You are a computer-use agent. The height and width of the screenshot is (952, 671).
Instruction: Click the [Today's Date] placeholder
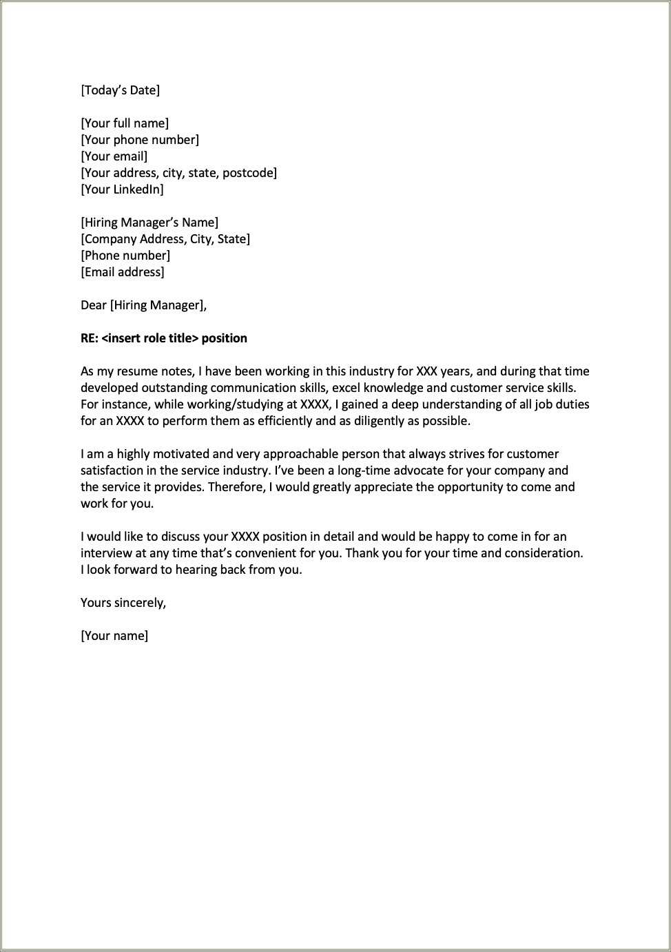(x=120, y=90)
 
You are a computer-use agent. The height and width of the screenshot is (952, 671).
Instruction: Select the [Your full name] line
(x=125, y=123)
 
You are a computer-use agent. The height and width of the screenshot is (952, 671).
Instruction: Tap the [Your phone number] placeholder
(x=140, y=140)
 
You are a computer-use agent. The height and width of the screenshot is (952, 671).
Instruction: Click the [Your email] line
(x=114, y=156)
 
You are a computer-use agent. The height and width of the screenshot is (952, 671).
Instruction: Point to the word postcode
(x=249, y=173)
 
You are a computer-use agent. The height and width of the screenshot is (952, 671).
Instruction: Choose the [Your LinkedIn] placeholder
(x=123, y=189)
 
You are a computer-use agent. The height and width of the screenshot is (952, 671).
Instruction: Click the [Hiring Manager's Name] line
(x=149, y=223)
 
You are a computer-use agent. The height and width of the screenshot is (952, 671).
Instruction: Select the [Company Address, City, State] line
(x=165, y=239)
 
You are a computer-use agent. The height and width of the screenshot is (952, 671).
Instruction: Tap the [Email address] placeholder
(x=123, y=272)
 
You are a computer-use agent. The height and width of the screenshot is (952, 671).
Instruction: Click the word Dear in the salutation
(x=94, y=305)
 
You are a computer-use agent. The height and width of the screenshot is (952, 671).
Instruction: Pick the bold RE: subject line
(x=164, y=338)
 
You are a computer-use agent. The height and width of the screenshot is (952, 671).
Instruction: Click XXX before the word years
(x=426, y=371)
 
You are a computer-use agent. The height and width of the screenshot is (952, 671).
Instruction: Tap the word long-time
(x=364, y=470)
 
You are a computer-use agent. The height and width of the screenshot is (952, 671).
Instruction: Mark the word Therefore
(x=236, y=487)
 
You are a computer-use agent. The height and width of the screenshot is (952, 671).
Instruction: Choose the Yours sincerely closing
(x=123, y=603)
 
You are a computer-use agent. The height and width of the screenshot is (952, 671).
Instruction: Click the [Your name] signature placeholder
(x=114, y=636)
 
